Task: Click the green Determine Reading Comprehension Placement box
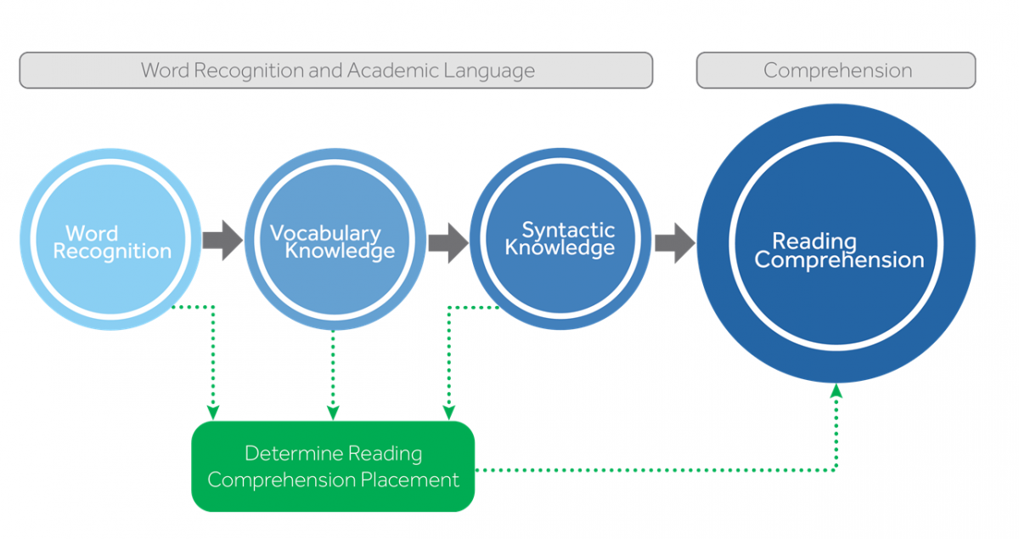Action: (x=332, y=466)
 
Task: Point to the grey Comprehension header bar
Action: (x=836, y=71)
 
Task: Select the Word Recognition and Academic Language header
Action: (x=336, y=71)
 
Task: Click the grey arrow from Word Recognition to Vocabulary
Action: (x=222, y=241)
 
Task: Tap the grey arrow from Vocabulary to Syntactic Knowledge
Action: (x=448, y=242)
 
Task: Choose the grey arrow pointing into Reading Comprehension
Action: (x=674, y=242)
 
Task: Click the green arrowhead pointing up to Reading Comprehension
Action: (x=836, y=390)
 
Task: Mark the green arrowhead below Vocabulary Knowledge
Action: (x=333, y=411)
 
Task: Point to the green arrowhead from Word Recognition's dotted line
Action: (x=212, y=411)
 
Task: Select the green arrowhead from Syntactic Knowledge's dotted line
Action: (x=448, y=411)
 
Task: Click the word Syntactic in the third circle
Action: (x=568, y=230)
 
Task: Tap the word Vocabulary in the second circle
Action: (x=325, y=232)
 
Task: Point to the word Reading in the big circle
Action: (x=814, y=241)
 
